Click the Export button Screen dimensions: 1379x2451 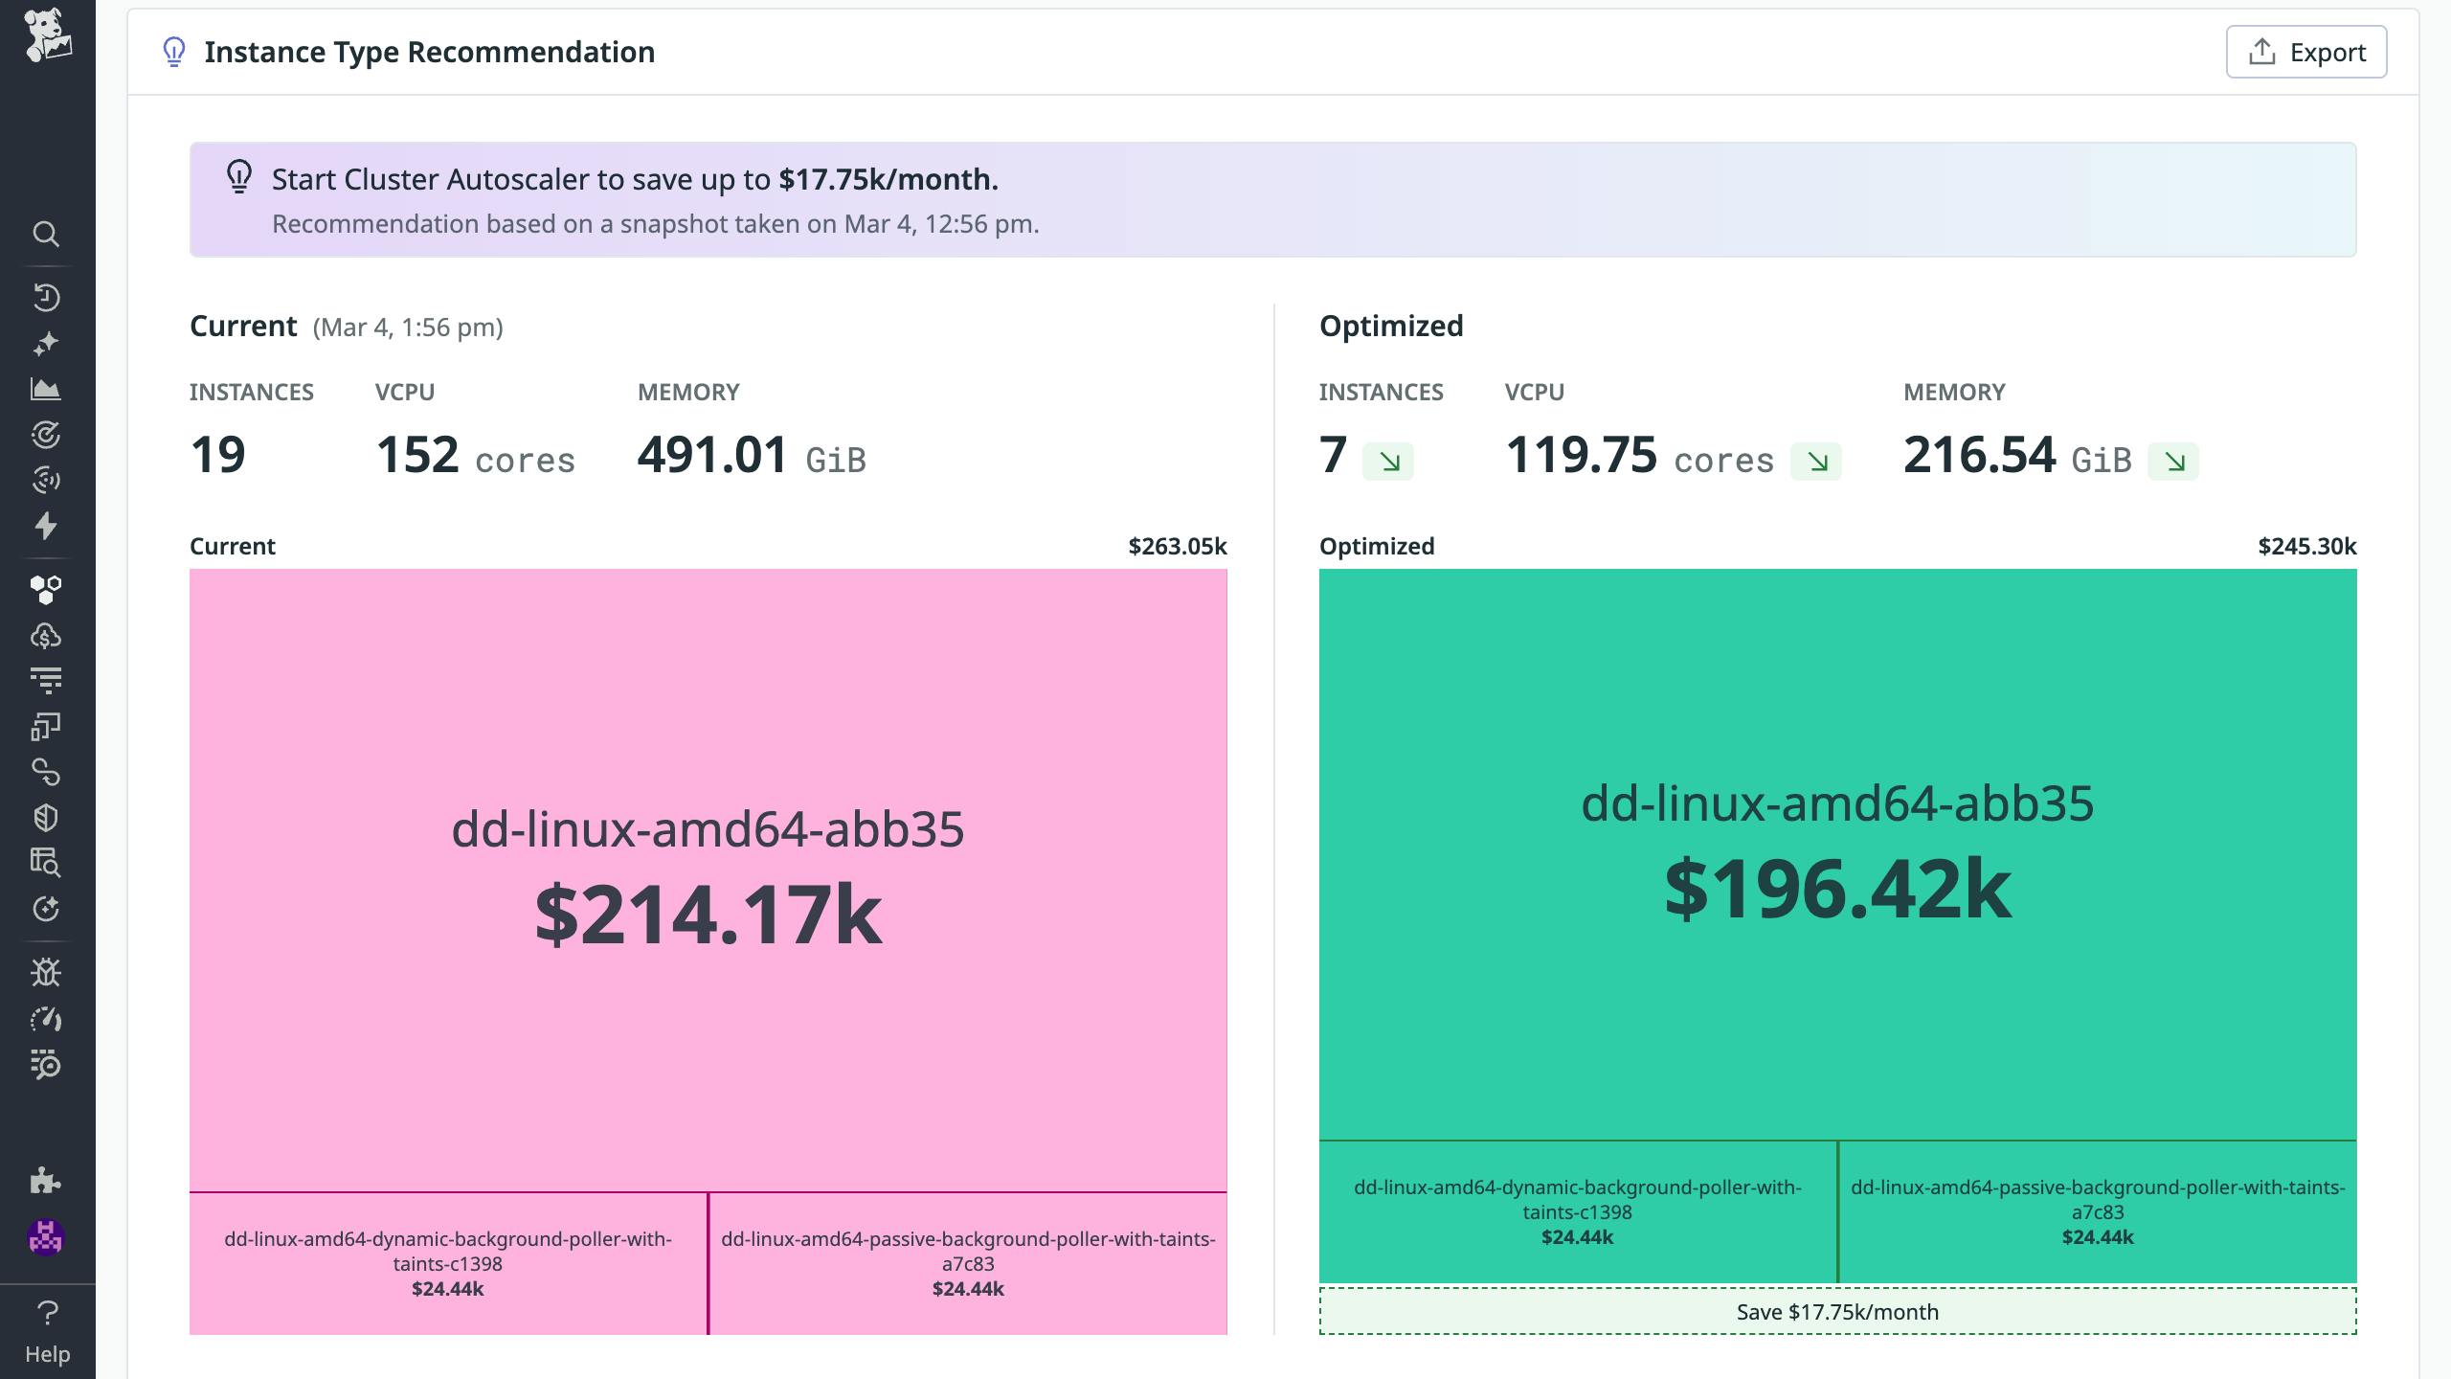pyautogui.click(x=2305, y=52)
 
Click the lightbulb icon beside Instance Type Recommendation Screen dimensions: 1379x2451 pyautogui.click(x=173, y=52)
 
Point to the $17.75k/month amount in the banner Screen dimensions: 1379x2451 pyautogui.click(x=888, y=179)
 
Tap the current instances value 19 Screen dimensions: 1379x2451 pyautogui.click(x=218, y=455)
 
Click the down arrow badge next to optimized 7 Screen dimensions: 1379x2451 pyautogui.click(x=1388, y=462)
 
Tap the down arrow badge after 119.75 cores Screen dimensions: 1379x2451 pyautogui.click(x=1815, y=462)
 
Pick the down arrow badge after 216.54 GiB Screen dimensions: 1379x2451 pyautogui.click(x=2172, y=462)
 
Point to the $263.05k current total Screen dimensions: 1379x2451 pyautogui.click(x=1177, y=546)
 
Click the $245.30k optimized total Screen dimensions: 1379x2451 pyautogui.click(x=2306, y=546)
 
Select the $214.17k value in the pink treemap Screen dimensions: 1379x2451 pyautogui.click(x=708, y=915)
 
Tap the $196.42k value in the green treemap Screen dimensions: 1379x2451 pyautogui.click(x=1837, y=890)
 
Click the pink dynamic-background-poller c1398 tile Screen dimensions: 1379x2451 pyautogui.click(x=448, y=1263)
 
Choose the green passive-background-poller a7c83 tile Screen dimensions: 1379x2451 pyautogui.click(x=2097, y=1211)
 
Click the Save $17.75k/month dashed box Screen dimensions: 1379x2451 pyautogui.click(x=1837, y=1312)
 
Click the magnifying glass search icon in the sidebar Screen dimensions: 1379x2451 pyautogui.click(x=46, y=234)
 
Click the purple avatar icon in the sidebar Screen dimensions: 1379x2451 pyautogui.click(x=46, y=1237)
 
